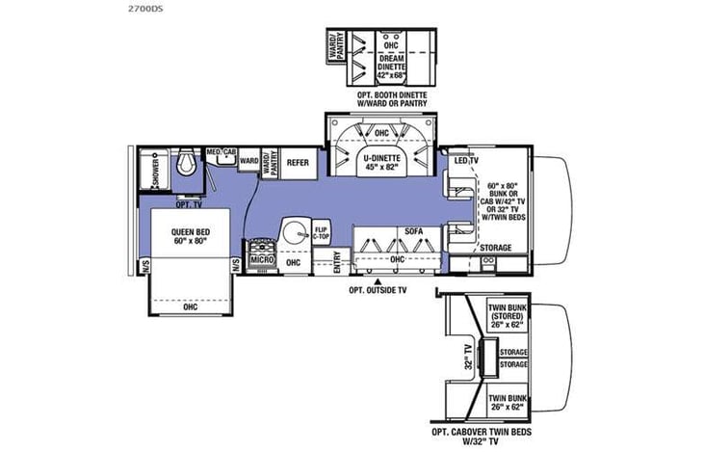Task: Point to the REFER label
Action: tap(298, 163)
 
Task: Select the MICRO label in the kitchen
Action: tap(258, 260)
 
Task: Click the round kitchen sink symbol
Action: tap(295, 232)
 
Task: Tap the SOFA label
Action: tap(386, 232)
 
